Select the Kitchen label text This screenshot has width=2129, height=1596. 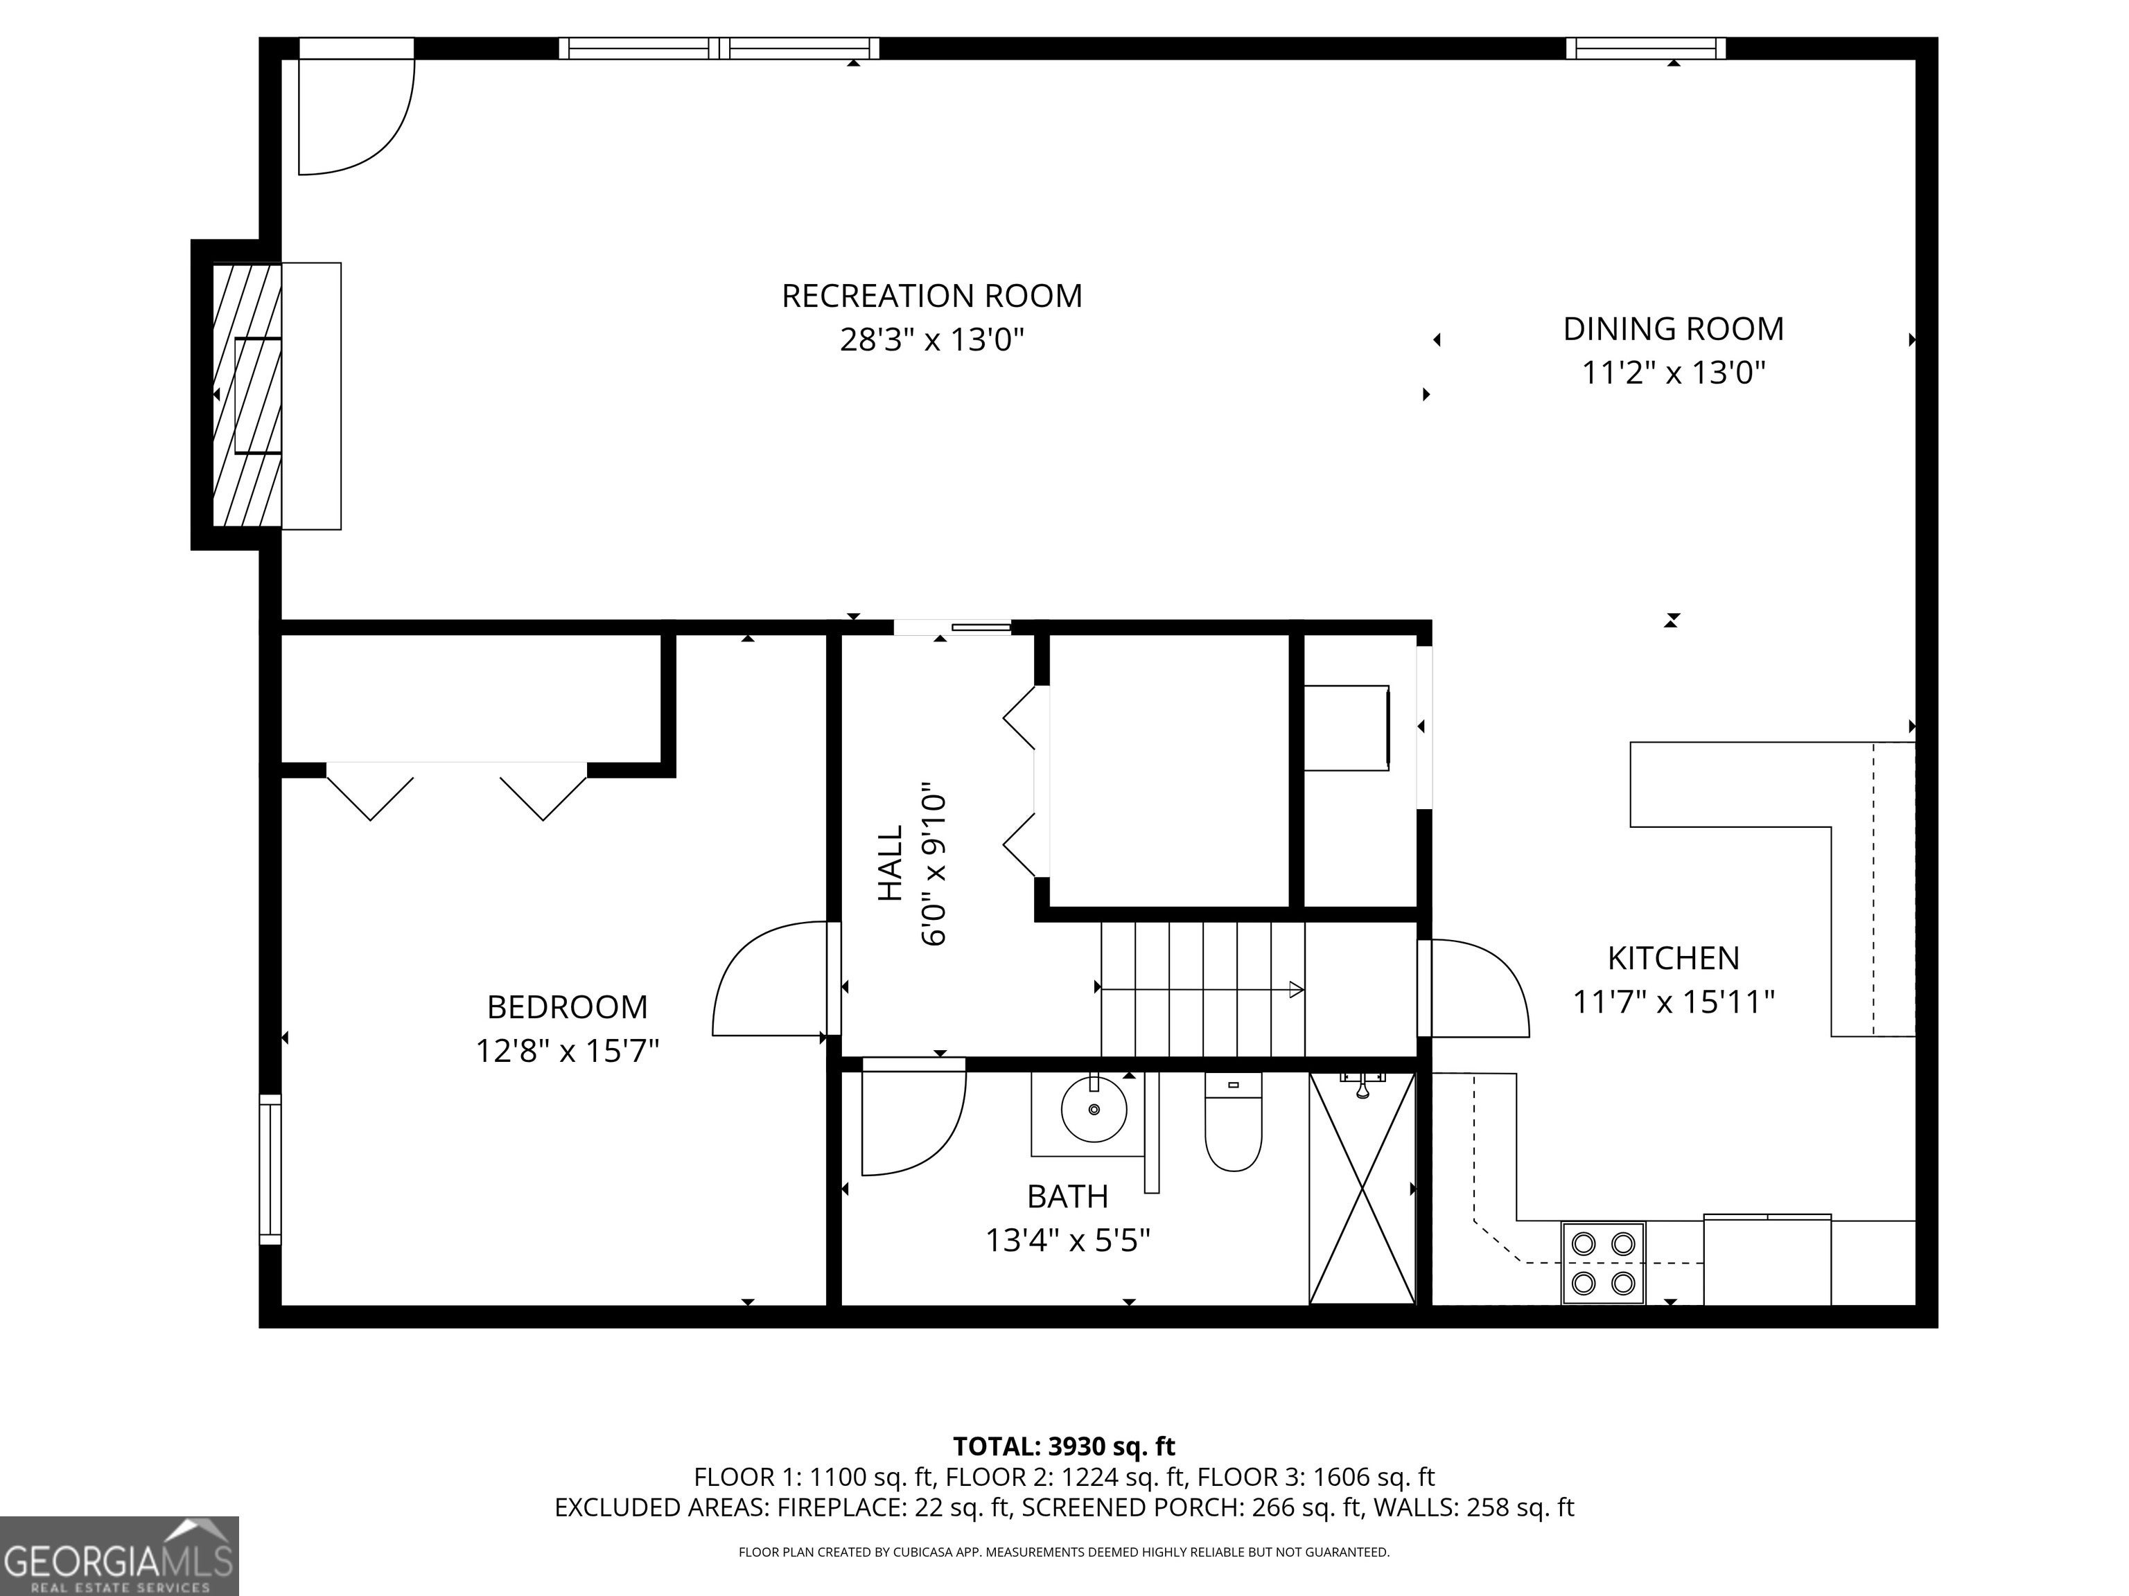point(1674,958)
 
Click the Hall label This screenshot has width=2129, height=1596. point(891,863)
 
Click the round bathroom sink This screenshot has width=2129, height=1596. point(1094,1109)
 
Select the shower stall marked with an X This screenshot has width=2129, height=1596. point(1362,1188)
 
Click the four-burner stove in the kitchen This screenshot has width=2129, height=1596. point(1602,1263)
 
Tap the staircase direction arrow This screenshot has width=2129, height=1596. point(1201,988)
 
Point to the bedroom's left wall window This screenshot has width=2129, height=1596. point(270,1169)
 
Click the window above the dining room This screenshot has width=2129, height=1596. point(1646,48)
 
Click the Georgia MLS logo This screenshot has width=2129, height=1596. point(119,1557)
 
